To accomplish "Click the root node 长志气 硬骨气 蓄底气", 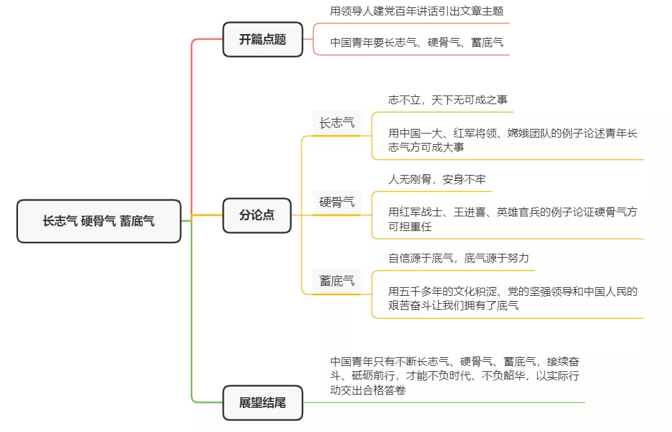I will pos(99,221).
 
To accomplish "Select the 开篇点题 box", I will pos(262,39).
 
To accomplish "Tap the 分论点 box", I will pos(257,216).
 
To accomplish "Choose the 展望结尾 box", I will pos(262,403).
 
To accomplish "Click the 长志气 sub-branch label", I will pos(336,123).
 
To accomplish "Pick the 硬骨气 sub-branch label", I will pos(336,202).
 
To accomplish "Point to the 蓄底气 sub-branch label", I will pos(336,280).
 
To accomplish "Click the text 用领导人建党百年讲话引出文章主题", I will pos(416,11).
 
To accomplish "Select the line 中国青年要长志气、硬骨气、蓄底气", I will pos(416,43).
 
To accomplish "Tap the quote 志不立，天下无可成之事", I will pos(448,99).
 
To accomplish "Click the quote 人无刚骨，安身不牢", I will pos(437,180).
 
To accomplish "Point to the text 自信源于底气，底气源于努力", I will pos(458,258).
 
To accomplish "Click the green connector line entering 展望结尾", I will pos(207,403).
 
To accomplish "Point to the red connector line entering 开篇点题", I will pos(207,39).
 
